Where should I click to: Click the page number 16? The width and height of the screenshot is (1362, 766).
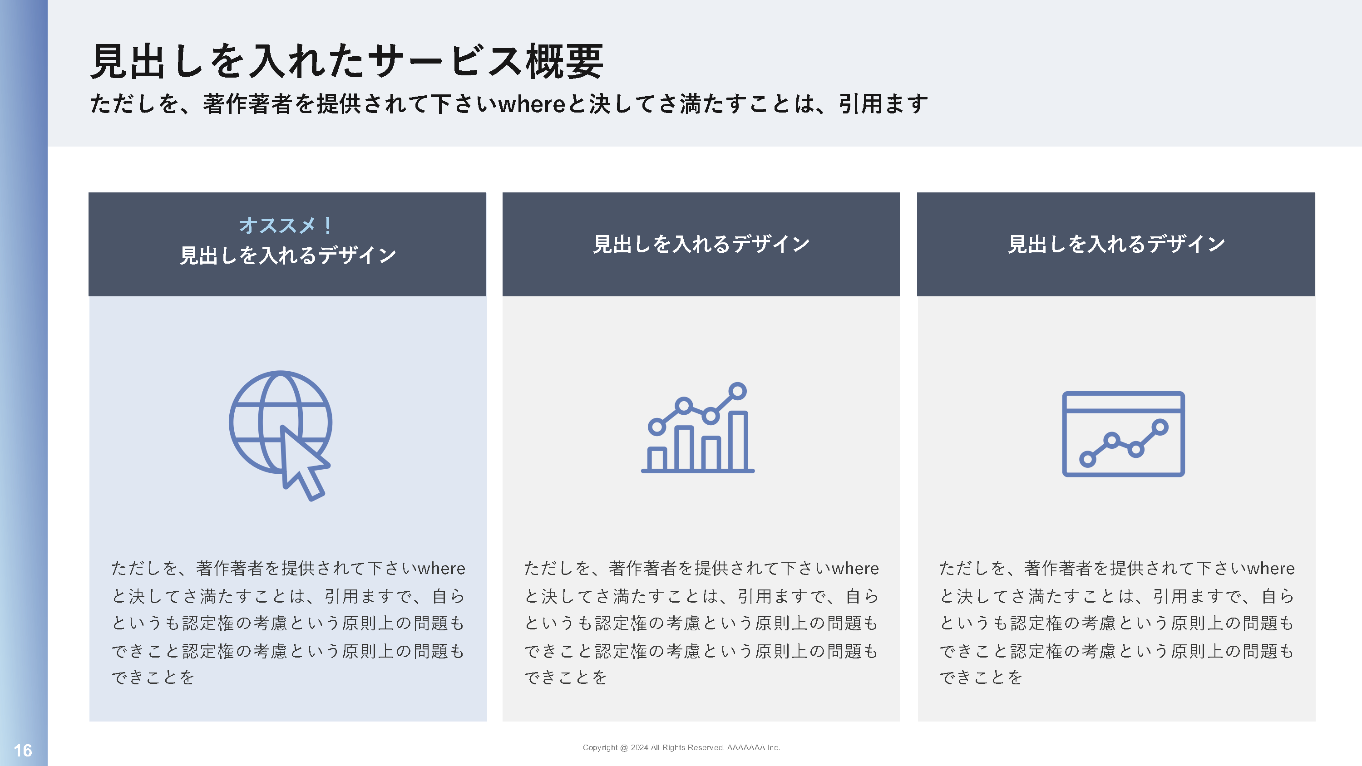[x=23, y=750]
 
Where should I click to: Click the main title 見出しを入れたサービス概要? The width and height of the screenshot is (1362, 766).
[x=347, y=62]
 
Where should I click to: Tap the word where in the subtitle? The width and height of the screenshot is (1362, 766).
[x=533, y=103]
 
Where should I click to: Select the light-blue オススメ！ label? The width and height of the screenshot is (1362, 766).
[x=286, y=225]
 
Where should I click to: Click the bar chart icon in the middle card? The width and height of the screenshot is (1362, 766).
[x=697, y=427]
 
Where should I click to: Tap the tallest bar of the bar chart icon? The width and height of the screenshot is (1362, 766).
[x=738, y=441]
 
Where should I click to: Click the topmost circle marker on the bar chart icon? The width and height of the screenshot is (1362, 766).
[x=737, y=391]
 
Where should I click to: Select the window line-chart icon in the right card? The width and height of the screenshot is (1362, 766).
[x=1123, y=434]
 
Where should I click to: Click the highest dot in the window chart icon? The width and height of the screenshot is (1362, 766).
[x=1160, y=427]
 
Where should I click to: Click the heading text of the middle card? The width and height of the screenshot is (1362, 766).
[x=701, y=244]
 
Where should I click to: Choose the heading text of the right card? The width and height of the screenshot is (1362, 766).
[x=1116, y=244]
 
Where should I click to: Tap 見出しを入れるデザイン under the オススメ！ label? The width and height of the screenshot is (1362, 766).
[x=288, y=255]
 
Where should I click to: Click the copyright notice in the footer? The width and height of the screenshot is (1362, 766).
[x=681, y=747]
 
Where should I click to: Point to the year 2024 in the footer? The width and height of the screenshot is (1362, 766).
[x=639, y=747]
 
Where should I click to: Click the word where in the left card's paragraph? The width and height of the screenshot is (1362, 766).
[x=441, y=569]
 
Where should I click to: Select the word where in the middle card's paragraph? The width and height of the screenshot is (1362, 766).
[x=855, y=569]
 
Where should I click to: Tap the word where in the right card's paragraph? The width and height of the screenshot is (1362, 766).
[x=1271, y=569]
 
